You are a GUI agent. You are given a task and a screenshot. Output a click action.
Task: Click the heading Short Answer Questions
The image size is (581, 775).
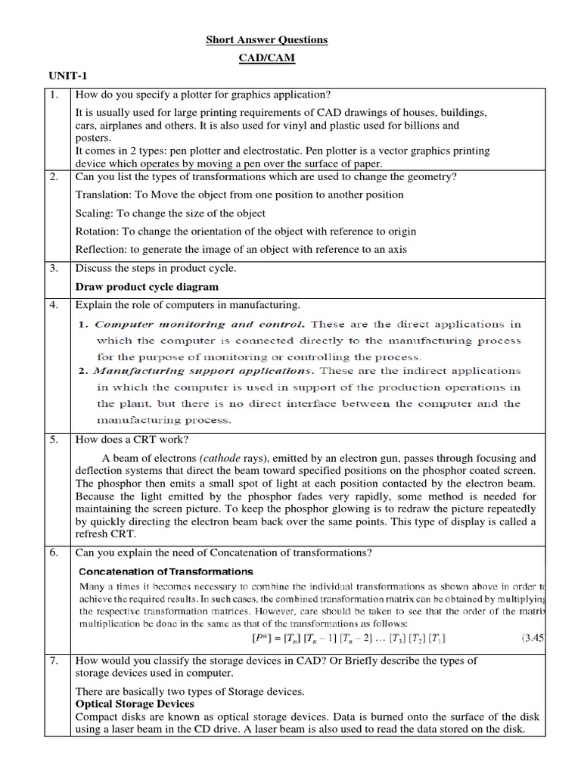(267, 40)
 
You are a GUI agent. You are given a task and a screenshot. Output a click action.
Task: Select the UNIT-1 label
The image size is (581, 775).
(69, 77)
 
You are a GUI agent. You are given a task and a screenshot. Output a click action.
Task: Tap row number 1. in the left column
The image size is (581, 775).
(54, 95)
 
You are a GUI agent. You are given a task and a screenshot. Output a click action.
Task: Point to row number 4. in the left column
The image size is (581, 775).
(54, 305)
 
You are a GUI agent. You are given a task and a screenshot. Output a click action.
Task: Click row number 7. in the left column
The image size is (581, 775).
(54, 661)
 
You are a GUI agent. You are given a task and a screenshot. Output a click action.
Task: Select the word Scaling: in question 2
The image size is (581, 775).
(95, 213)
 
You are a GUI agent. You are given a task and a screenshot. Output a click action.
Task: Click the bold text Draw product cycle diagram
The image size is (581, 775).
(147, 287)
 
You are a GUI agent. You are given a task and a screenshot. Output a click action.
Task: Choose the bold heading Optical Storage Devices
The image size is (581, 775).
(135, 703)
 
